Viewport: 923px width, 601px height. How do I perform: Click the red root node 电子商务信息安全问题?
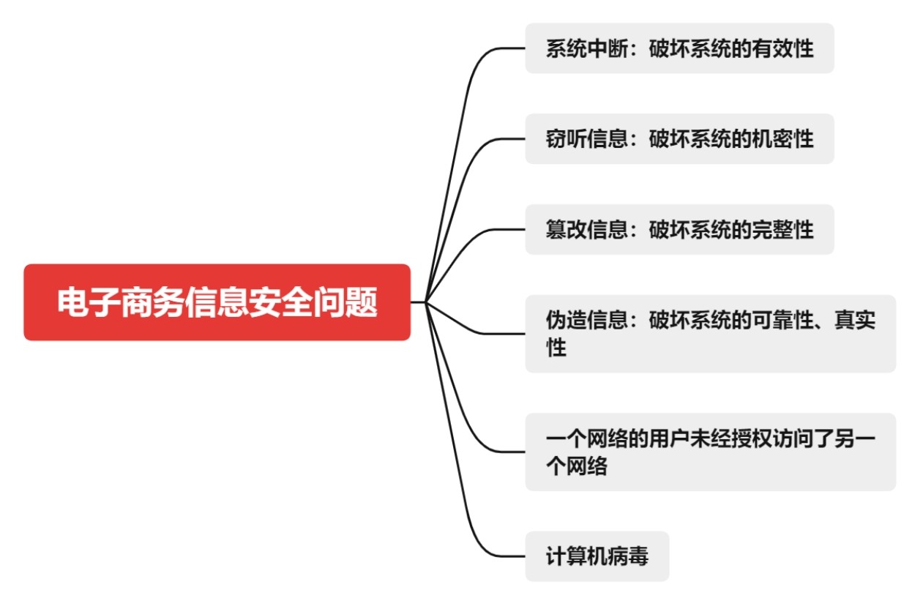(x=217, y=302)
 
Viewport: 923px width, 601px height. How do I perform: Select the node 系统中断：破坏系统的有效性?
(x=679, y=48)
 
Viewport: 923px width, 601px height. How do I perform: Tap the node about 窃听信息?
(x=679, y=138)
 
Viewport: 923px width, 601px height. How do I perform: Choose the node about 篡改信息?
(x=679, y=229)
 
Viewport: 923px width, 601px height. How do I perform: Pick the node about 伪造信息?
(x=710, y=333)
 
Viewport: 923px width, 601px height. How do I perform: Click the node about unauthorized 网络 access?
(x=710, y=452)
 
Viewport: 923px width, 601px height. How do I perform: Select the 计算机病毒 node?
(x=597, y=556)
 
